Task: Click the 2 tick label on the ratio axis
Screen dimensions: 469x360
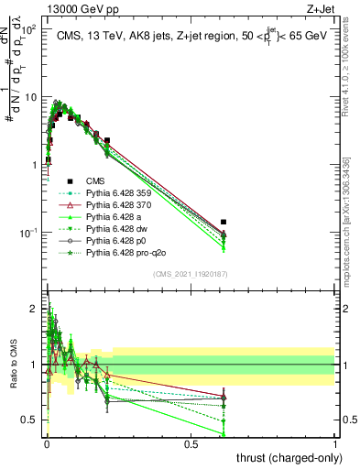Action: click(33, 309)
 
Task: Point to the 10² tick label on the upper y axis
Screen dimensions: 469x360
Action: click(27, 29)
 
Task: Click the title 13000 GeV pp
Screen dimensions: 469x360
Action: click(82, 8)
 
